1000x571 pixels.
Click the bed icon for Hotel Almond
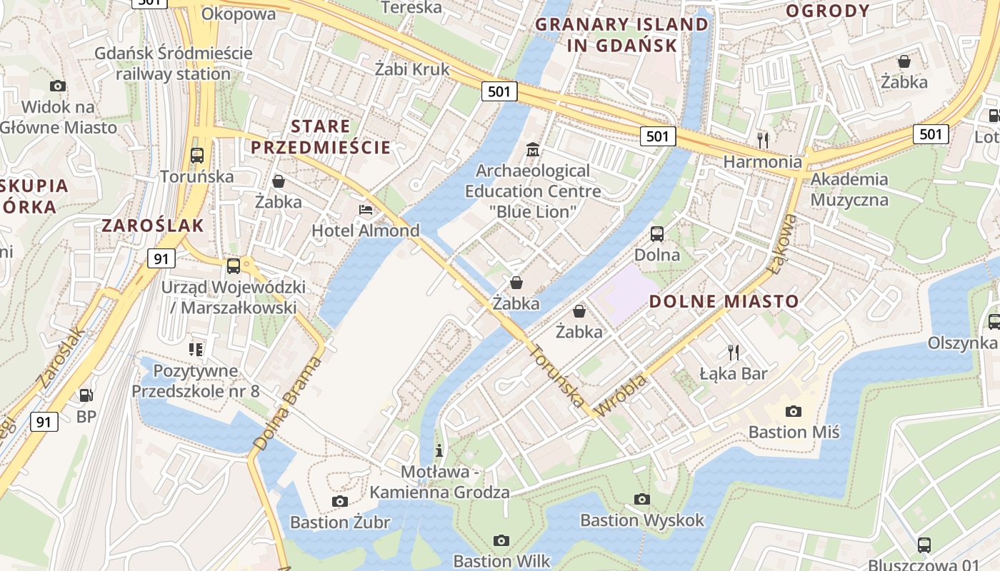coord(366,210)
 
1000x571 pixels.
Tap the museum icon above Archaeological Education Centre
coord(533,150)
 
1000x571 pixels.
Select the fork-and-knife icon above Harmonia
coord(763,140)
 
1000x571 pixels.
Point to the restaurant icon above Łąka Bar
coord(733,351)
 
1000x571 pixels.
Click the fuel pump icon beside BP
coord(86,395)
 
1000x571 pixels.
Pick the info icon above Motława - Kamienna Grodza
coord(439,450)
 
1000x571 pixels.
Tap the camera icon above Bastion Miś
coord(793,411)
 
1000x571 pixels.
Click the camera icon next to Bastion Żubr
coord(340,501)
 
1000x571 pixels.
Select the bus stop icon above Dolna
coord(656,233)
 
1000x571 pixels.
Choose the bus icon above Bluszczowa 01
coord(924,545)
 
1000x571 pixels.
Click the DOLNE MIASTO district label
coord(724,301)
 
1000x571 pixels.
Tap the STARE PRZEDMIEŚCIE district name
coord(321,137)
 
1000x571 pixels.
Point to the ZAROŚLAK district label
coord(153,226)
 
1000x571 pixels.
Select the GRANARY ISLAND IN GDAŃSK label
coord(621,34)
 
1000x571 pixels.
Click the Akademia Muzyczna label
coord(849,189)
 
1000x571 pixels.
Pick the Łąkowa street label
coord(784,245)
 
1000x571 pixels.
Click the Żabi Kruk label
coord(412,69)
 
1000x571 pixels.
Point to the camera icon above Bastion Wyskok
coord(642,499)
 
